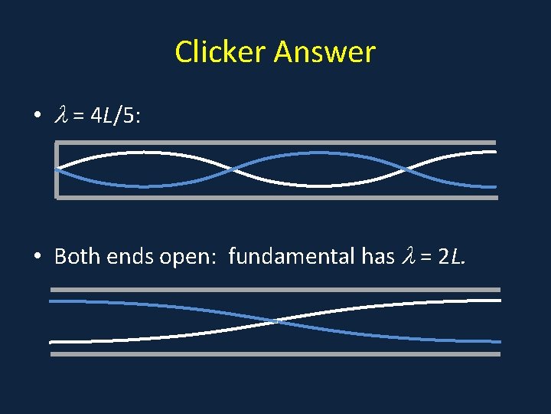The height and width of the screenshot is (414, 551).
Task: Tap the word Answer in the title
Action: coord(324,52)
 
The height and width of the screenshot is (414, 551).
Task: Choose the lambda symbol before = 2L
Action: coord(406,256)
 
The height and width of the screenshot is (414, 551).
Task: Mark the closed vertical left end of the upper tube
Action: coord(57,170)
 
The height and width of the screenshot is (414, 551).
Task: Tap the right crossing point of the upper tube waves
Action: coord(408,169)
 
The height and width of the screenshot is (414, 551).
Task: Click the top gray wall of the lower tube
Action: coord(275,290)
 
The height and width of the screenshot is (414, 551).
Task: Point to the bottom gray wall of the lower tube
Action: coord(275,354)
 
